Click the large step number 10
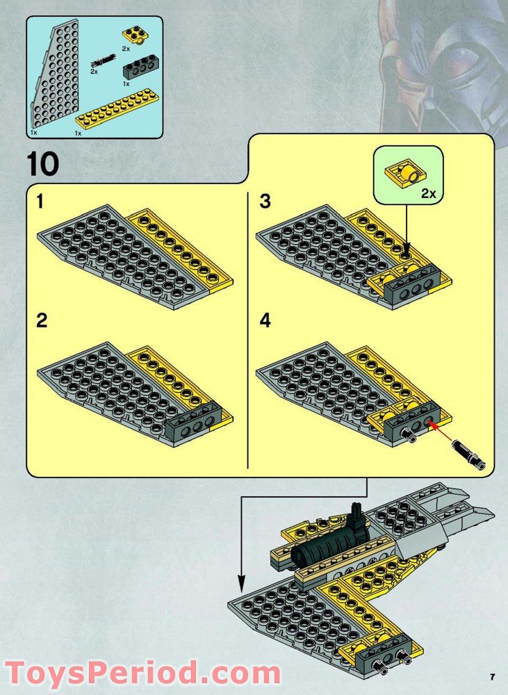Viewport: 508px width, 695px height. pos(43,164)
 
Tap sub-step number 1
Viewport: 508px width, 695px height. pos(40,202)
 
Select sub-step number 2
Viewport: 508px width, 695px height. pos(42,320)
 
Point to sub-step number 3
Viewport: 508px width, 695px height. pos(265,202)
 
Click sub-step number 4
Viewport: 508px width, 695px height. pos(265,320)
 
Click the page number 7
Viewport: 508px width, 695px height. pos(493,677)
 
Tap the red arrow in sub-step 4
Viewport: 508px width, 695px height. pos(441,432)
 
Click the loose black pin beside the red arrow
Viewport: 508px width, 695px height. pos(468,455)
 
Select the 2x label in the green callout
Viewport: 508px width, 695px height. pos(429,193)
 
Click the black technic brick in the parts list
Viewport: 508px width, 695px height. pos(139,67)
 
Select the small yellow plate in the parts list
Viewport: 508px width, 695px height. pos(136,35)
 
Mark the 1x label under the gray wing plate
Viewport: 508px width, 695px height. pos(33,133)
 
